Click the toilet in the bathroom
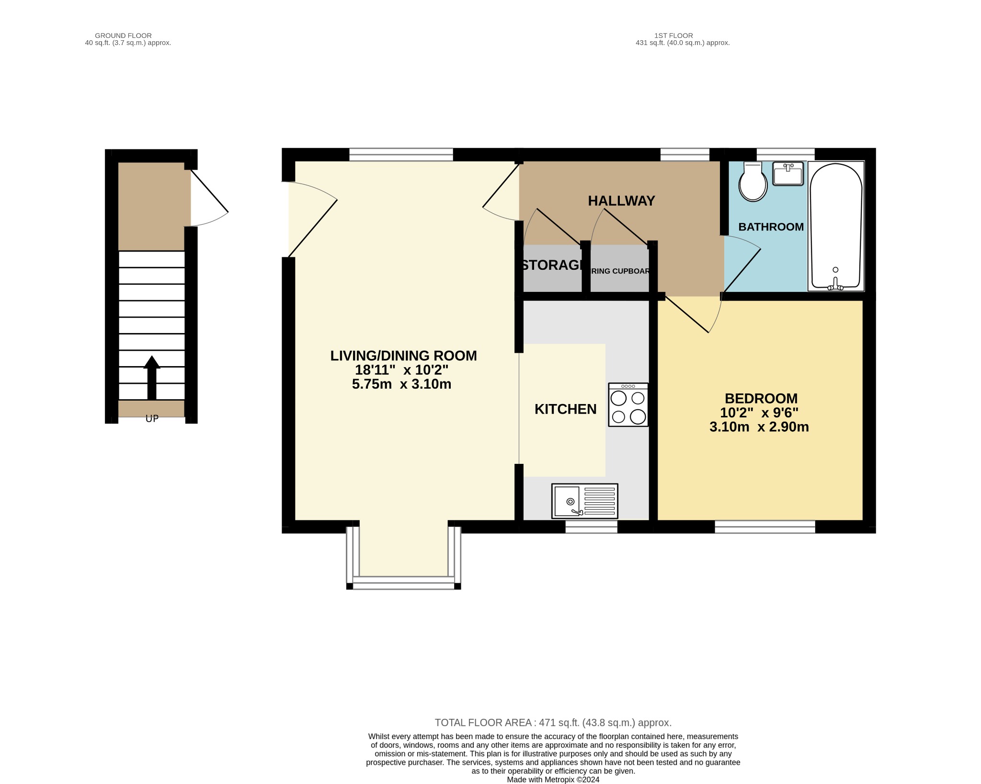[753, 182]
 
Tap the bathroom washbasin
[788, 174]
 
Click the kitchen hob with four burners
[628, 405]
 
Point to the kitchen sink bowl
[567, 501]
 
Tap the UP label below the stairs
[152, 419]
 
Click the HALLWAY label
[621, 201]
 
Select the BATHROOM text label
[771, 227]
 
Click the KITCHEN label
[565, 409]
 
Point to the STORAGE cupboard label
[552, 265]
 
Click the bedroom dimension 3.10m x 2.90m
[759, 427]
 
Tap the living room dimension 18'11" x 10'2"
[401, 370]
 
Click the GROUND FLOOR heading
[123, 35]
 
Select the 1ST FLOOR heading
[673, 35]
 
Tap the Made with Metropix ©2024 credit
[553, 779]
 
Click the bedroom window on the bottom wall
[764, 527]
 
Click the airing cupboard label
[620, 271]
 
